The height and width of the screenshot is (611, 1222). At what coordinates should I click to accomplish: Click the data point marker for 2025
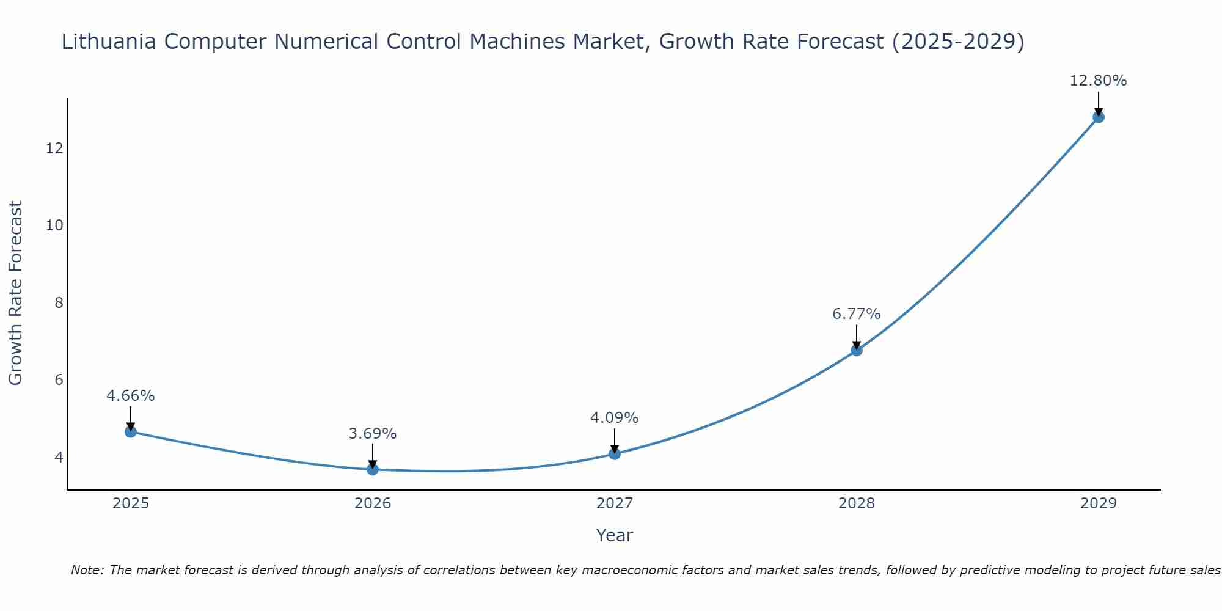(131, 432)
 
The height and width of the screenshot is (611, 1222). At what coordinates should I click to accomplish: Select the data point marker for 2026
(373, 469)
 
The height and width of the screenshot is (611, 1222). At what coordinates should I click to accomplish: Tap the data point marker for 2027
(615, 454)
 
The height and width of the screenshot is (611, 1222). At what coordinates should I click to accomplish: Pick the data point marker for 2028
(857, 351)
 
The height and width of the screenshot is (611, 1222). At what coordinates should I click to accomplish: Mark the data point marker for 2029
(1099, 117)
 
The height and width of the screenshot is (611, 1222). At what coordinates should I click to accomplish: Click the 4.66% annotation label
(131, 396)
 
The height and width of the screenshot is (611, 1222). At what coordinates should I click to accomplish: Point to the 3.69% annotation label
(373, 434)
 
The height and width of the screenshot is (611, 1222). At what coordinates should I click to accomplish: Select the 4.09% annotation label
(615, 418)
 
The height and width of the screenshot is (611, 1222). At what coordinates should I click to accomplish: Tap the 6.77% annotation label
(857, 314)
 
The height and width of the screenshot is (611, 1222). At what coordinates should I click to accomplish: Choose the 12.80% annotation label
(1099, 81)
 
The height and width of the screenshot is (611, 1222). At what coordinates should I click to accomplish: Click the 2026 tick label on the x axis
(373, 503)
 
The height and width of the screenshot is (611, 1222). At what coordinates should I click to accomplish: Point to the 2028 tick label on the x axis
(857, 503)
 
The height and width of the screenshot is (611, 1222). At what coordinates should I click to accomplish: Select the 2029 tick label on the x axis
(1099, 503)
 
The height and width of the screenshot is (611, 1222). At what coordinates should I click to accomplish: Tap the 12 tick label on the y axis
(54, 148)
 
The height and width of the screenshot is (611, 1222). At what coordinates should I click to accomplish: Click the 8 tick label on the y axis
(59, 303)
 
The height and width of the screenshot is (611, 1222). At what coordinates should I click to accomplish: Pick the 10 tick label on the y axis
(54, 225)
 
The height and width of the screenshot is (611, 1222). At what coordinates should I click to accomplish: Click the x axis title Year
(615, 535)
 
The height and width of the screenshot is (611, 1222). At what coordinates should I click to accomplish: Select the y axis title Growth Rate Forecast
(16, 293)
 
